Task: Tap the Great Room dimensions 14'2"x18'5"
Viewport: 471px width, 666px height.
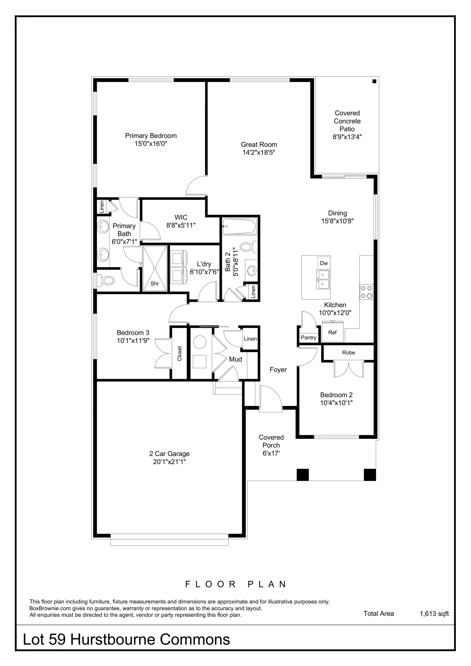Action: tap(259, 153)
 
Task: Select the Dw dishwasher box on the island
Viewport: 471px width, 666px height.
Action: tap(324, 263)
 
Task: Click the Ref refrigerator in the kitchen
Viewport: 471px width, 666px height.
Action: tap(333, 332)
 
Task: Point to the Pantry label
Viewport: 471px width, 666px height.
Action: tap(308, 337)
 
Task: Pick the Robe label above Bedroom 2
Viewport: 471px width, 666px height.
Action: tap(349, 352)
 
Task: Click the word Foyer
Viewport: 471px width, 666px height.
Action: tap(278, 370)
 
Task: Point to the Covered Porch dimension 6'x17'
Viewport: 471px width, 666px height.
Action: tap(271, 453)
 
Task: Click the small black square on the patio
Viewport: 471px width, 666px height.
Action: tap(374, 81)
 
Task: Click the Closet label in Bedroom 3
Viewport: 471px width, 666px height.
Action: tap(180, 353)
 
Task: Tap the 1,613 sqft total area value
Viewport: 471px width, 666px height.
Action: tap(434, 613)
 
